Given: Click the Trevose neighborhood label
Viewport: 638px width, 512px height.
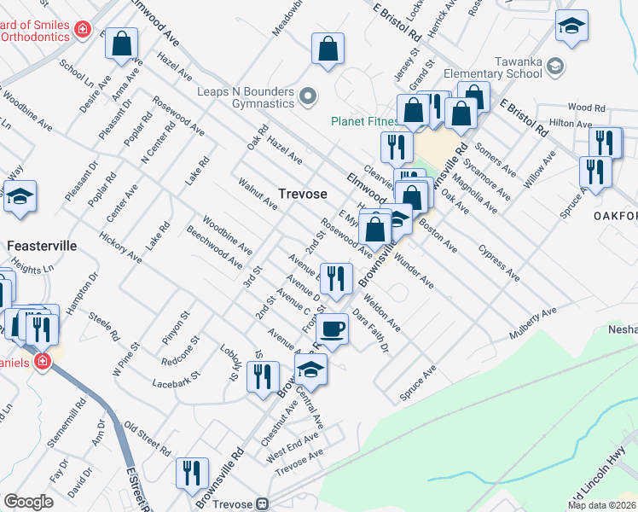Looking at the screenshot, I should click(x=303, y=195).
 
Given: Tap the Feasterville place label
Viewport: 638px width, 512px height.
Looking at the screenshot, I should click(x=42, y=246).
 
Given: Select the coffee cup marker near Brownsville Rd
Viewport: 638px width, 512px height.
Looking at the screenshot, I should click(x=333, y=329).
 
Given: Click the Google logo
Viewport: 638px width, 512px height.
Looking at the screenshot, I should click(x=28, y=502).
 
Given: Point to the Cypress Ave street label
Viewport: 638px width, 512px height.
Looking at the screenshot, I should click(x=499, y=265).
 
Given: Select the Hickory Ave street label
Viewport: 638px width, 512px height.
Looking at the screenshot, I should click(x=120, y=245).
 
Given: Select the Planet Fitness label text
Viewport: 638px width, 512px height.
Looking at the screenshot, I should click(x=362, y=121).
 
